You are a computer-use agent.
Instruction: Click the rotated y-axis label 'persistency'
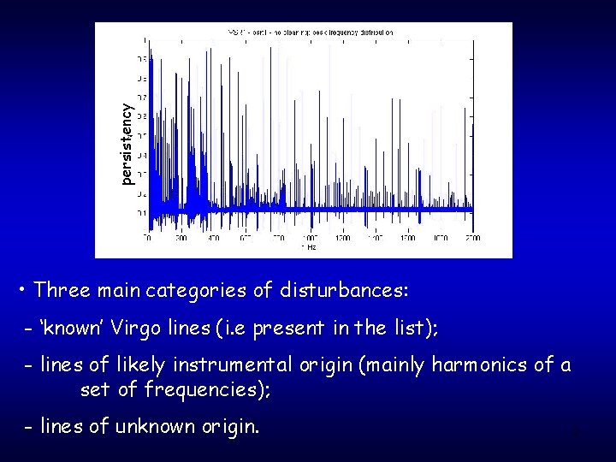point(127,144)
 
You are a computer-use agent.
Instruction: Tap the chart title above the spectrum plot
point(311,32)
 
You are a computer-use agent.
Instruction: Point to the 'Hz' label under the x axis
point(309,247)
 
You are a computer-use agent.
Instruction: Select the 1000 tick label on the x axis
point(309,238)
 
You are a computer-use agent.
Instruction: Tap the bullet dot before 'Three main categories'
point(21,292)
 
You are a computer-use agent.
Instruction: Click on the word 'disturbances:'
point(344,291)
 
